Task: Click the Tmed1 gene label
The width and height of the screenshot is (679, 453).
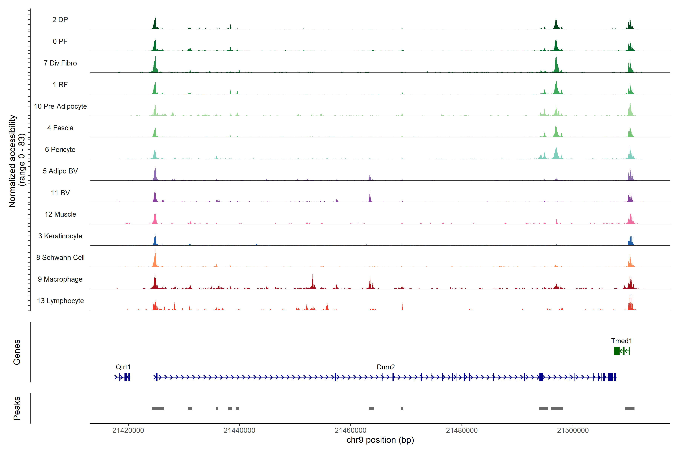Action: tap(621, 341)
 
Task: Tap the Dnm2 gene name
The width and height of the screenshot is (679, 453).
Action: tap(386, 367)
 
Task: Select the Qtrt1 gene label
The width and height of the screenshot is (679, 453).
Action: tap(123, 367)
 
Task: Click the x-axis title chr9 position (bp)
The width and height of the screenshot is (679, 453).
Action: tap(380, 440)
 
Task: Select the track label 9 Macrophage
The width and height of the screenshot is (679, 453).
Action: tap(60, 279)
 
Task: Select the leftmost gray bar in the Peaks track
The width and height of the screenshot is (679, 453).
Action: tap(158, 408)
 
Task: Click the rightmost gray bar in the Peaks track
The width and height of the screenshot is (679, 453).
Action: tap(630, 408)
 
